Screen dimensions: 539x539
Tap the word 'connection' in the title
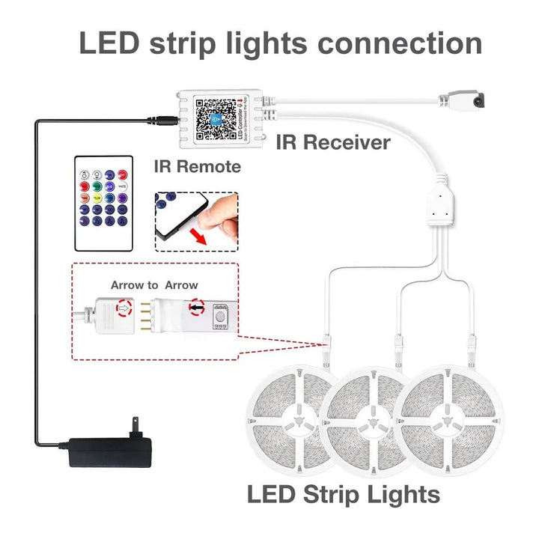[400, 43]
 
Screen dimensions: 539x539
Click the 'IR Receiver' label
[333, 142]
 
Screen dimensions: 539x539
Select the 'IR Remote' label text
[198, 166]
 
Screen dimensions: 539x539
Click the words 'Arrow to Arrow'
[154, 285]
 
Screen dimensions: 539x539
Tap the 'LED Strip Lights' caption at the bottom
[343, 495]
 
